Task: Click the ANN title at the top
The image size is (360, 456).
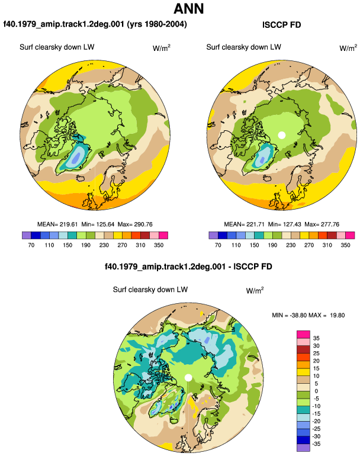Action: (188, 8)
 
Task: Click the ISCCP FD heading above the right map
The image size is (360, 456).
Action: (281, 25)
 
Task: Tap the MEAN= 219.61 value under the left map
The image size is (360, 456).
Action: (57, 224)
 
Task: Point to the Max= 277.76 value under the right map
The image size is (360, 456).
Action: (322, 224)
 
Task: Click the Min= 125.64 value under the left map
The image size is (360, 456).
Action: (98, 224)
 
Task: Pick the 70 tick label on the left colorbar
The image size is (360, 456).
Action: (31, 245)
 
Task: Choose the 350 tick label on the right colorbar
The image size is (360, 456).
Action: (345, 245)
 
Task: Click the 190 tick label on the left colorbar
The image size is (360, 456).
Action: (85, 245)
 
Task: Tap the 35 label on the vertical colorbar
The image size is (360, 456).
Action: (316, 338)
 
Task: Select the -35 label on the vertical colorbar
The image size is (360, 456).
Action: (316, 444)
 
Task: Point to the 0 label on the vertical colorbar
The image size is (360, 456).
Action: (316, 391)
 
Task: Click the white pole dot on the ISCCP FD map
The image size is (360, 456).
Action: (281, 135)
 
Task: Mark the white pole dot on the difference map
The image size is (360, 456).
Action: (188, 377)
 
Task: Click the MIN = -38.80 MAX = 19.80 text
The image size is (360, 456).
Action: (308, 315)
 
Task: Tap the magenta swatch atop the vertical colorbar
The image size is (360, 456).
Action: (304, 334)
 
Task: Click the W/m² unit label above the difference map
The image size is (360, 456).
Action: (255, 290)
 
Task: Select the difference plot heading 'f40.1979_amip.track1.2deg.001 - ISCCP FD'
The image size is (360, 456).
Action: (188, 266)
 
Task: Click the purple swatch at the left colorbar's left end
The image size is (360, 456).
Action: (27, 235)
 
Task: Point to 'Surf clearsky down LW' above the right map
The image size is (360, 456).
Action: (244, 47)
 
